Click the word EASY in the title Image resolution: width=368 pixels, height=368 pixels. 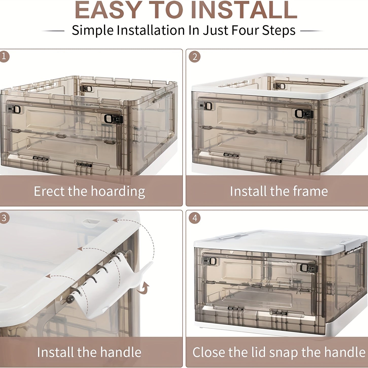click(108, 10)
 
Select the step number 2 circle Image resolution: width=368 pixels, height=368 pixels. click(195, 57)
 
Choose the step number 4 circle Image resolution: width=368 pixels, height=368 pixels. click(195, 218)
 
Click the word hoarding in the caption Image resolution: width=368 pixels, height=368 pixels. click(118, 192)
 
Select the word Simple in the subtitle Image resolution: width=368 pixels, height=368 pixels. click(93, 30)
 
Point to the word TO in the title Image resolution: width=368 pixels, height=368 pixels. click(166, 10)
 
